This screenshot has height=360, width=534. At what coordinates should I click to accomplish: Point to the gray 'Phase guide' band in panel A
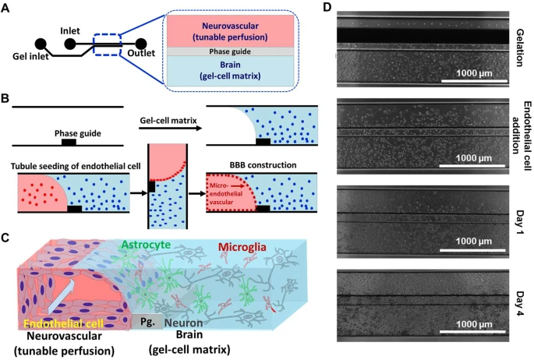[228, 51]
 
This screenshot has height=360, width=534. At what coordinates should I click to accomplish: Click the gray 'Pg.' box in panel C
[143, 321]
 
